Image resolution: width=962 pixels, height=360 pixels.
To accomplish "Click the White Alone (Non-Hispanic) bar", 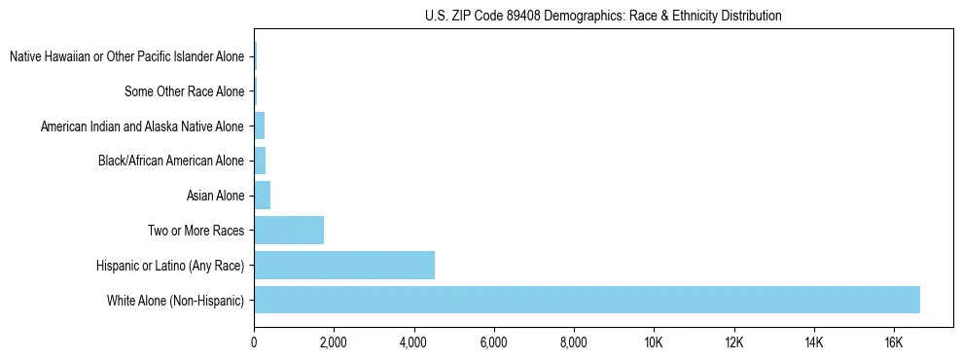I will click(x=587, y=300).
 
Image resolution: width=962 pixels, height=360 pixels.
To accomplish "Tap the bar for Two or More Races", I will click(x=289, y=231).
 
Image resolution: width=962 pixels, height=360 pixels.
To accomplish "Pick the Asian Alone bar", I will click(x=262, y=196).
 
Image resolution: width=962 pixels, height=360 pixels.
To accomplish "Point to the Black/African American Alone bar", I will click(x=260, y=161).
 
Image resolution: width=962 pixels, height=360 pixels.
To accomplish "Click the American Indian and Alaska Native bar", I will click(x=259, y=126).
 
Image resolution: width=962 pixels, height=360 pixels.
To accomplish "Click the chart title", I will click(x=603, y=16).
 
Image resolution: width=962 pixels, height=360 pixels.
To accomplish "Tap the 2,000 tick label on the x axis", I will click(x=334, y=342).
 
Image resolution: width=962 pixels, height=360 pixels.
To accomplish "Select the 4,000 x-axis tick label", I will click(x=413, y=342).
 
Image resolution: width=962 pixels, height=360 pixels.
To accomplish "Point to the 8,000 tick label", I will click(x=573, y=342).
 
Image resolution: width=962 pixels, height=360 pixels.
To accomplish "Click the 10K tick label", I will click(x=654, y=342).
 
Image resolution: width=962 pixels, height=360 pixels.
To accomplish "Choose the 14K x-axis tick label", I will click(x=813, y=342).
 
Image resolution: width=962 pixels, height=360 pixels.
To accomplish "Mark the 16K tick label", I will click(x=893, y=342).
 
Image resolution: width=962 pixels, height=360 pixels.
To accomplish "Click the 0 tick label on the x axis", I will click(x=254, y=342).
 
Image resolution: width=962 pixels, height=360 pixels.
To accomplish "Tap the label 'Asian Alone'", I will click(x=215, y=197).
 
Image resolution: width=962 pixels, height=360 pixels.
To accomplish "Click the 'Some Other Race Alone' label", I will click(x=184, y=91).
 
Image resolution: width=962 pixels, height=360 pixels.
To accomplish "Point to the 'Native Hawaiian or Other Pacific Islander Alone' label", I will click(x=126, y=57).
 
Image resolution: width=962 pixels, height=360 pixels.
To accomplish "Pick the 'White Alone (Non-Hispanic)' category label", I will click(x=175, y=301).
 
